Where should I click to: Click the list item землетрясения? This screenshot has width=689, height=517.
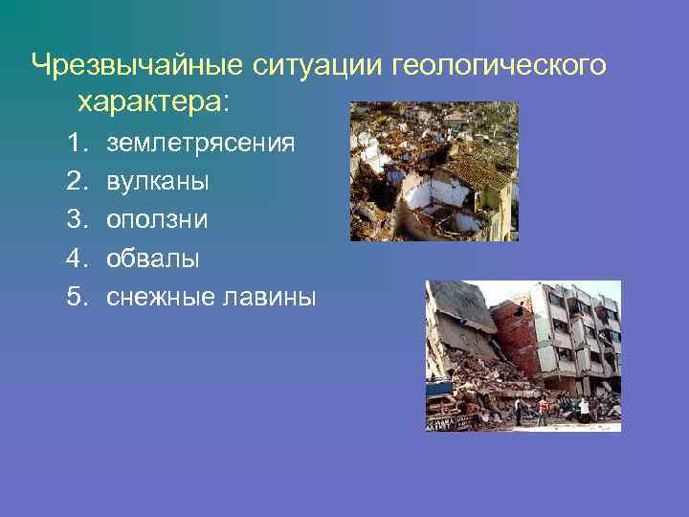point(201,144)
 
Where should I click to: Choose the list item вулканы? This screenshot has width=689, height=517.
point(158,181)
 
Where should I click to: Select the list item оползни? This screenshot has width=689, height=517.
point(158,219)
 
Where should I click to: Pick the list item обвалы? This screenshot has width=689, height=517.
point(153,258)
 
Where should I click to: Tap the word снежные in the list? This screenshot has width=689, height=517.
point(158,297)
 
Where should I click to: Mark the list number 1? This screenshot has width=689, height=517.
point(77,144)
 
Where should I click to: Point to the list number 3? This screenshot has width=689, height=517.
point(77,219)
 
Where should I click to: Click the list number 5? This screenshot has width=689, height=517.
point(77,297)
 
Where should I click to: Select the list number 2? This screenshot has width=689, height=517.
point(77,181)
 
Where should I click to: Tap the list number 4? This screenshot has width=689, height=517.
point(77,258)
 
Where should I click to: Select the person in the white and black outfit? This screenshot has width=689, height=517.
point(584,409)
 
